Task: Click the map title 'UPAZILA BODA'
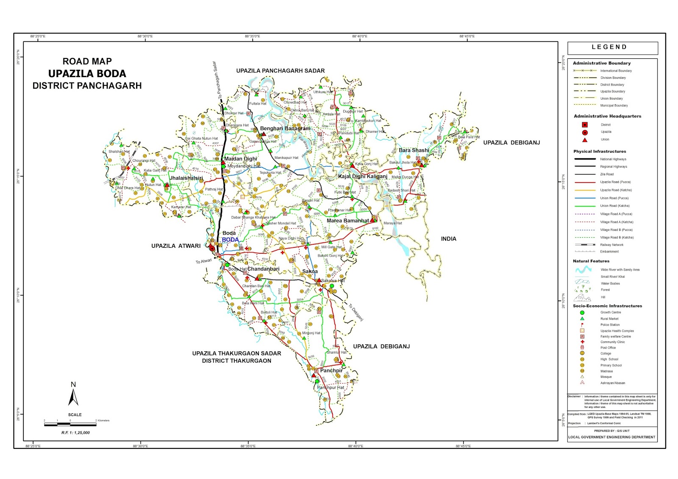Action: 87,74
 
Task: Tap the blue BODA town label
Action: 230,240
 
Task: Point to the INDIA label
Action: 448,239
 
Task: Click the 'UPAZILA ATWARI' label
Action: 176,246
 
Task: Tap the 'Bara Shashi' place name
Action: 414,150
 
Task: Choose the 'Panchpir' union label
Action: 331,371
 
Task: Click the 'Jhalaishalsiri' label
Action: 186,178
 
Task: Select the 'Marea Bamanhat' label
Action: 347,221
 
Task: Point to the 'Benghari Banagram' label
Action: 285,128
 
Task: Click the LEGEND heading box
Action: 612,47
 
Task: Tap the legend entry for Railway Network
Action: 611,245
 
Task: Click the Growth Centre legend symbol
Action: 582,313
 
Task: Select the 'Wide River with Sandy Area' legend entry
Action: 620,270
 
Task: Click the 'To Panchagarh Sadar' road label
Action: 217,80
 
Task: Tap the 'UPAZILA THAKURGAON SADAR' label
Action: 236,353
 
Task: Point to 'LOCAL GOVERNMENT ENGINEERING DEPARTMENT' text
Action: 611,437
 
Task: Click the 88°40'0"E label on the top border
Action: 359,36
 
